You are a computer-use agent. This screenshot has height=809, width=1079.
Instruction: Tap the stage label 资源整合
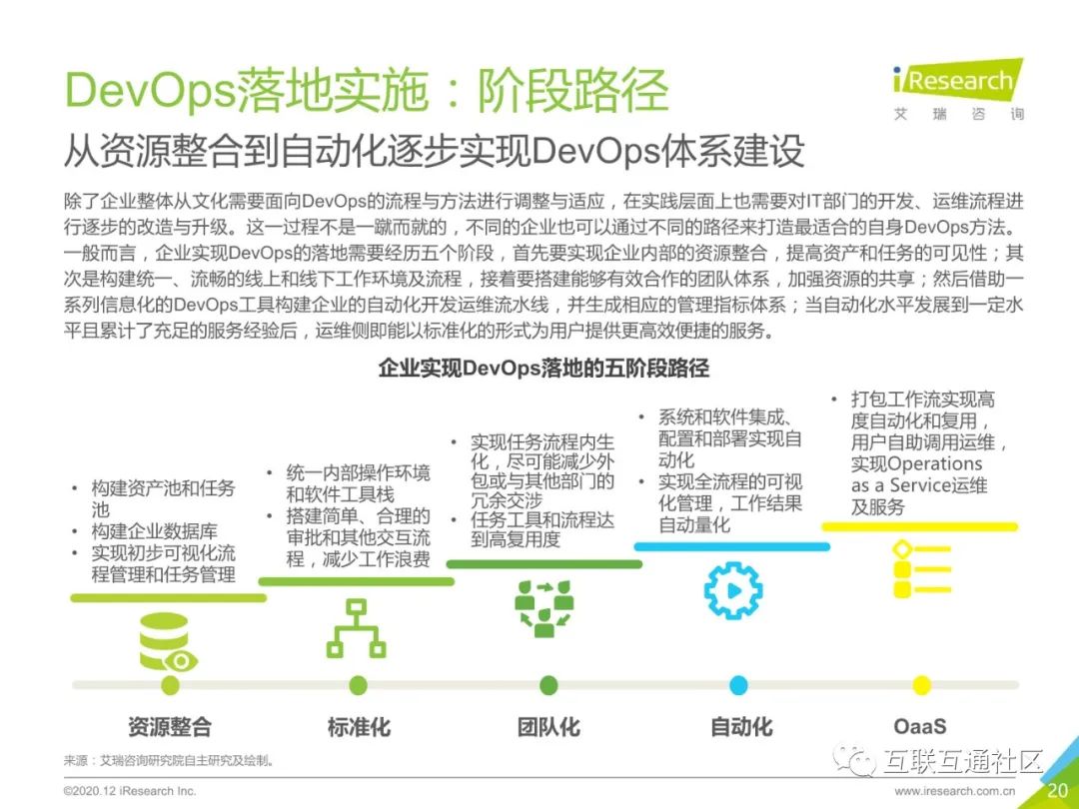click(170, 726)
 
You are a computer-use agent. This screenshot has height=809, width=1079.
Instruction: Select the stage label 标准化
click(359, 726)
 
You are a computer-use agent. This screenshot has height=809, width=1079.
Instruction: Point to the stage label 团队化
click(548, 726)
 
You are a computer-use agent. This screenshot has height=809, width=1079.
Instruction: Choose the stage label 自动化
click(741, 726)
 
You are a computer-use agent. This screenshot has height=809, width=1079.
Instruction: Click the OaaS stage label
click(920, 726)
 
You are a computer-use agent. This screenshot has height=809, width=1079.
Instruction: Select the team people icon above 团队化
click(544, 608)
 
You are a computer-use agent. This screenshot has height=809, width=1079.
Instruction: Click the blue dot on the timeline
click(738, 685)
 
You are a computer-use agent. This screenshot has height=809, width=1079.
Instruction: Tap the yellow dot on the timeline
click(921, 685)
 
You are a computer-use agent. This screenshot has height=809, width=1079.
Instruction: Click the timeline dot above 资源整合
click(170, 685)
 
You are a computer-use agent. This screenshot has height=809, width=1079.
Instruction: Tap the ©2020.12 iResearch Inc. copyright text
click(130, 791)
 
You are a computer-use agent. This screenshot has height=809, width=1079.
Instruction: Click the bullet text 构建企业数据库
click(154, 531)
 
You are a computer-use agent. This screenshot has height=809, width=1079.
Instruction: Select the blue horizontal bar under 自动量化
click(732, 546)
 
